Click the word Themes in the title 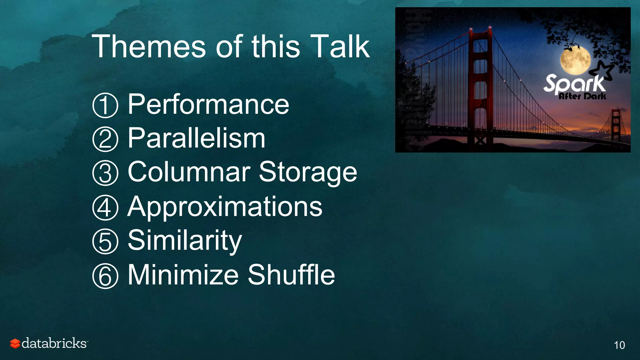click(149, 47)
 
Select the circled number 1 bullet click(105, 105)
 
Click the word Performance click(208, 104)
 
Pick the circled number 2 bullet click(105, 139)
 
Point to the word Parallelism click(197, 138)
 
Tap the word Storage click(308, 172)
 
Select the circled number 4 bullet click(105, 208)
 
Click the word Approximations click(225, 207)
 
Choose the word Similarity click(185, 241)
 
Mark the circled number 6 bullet click(105, 276)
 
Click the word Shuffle click(291, 275)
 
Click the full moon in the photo click(575, 59)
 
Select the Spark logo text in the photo click(574, 84)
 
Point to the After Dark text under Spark click(582, 96)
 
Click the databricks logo click(49, 343)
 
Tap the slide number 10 click(619, 345)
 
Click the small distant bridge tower click(615, 125)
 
